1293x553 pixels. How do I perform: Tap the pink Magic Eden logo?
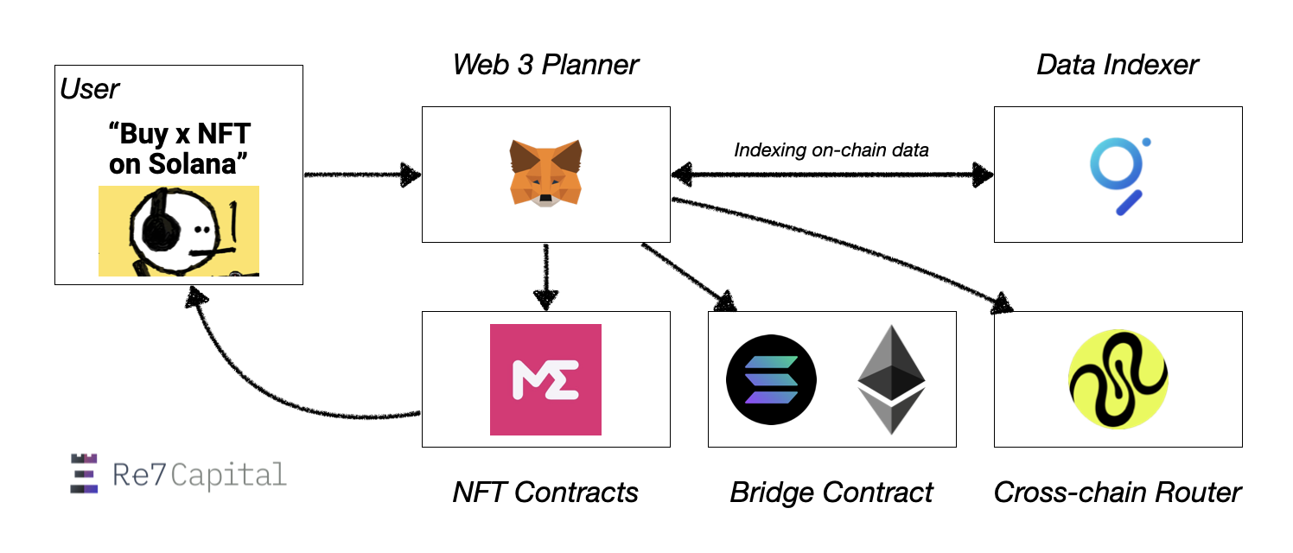click(x=545, y=379)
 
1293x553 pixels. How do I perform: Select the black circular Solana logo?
click(x=771, y=380)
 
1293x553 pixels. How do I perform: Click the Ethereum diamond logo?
click(x=891, y=379)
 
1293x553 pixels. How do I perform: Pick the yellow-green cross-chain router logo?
click(x=1118, y=379)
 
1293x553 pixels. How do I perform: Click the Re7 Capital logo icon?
click(x=84, y=474)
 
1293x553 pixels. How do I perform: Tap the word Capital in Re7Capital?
click(x=230, y=474)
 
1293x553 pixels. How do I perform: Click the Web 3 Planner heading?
click(x=545, y=65)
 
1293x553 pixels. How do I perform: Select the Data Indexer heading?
click(x=1118, y=65)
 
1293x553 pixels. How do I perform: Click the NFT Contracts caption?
click(x=545, y=493)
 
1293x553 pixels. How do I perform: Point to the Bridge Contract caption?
click(x=831, y=493)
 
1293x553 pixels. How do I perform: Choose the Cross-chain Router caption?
click(x=1118, y=493)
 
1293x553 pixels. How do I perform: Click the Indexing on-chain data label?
click(x=831, y=150)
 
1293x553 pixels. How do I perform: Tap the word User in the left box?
click(x=90, y=88)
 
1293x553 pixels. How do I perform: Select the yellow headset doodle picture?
click(x=179, y=231)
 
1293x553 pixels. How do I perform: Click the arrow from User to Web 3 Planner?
click(x=361, y=175)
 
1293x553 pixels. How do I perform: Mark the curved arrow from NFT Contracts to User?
click(x=259, y=380)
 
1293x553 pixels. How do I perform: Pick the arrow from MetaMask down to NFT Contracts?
click(x=545, y=276)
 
